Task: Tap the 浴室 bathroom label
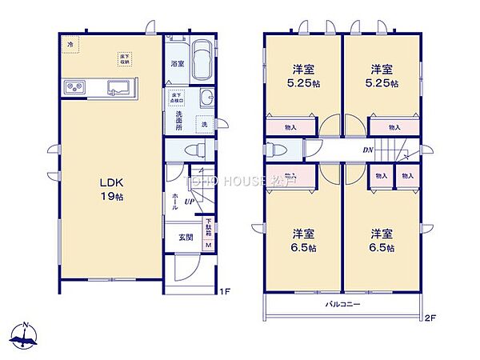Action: (178, 63)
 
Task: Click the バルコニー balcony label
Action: (342, 305)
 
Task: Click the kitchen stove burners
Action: (74, 87)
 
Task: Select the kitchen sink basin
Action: (120, 87)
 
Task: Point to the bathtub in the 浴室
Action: (202, 60)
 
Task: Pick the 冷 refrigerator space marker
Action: (70, 43)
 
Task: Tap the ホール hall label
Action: (174, 201)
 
